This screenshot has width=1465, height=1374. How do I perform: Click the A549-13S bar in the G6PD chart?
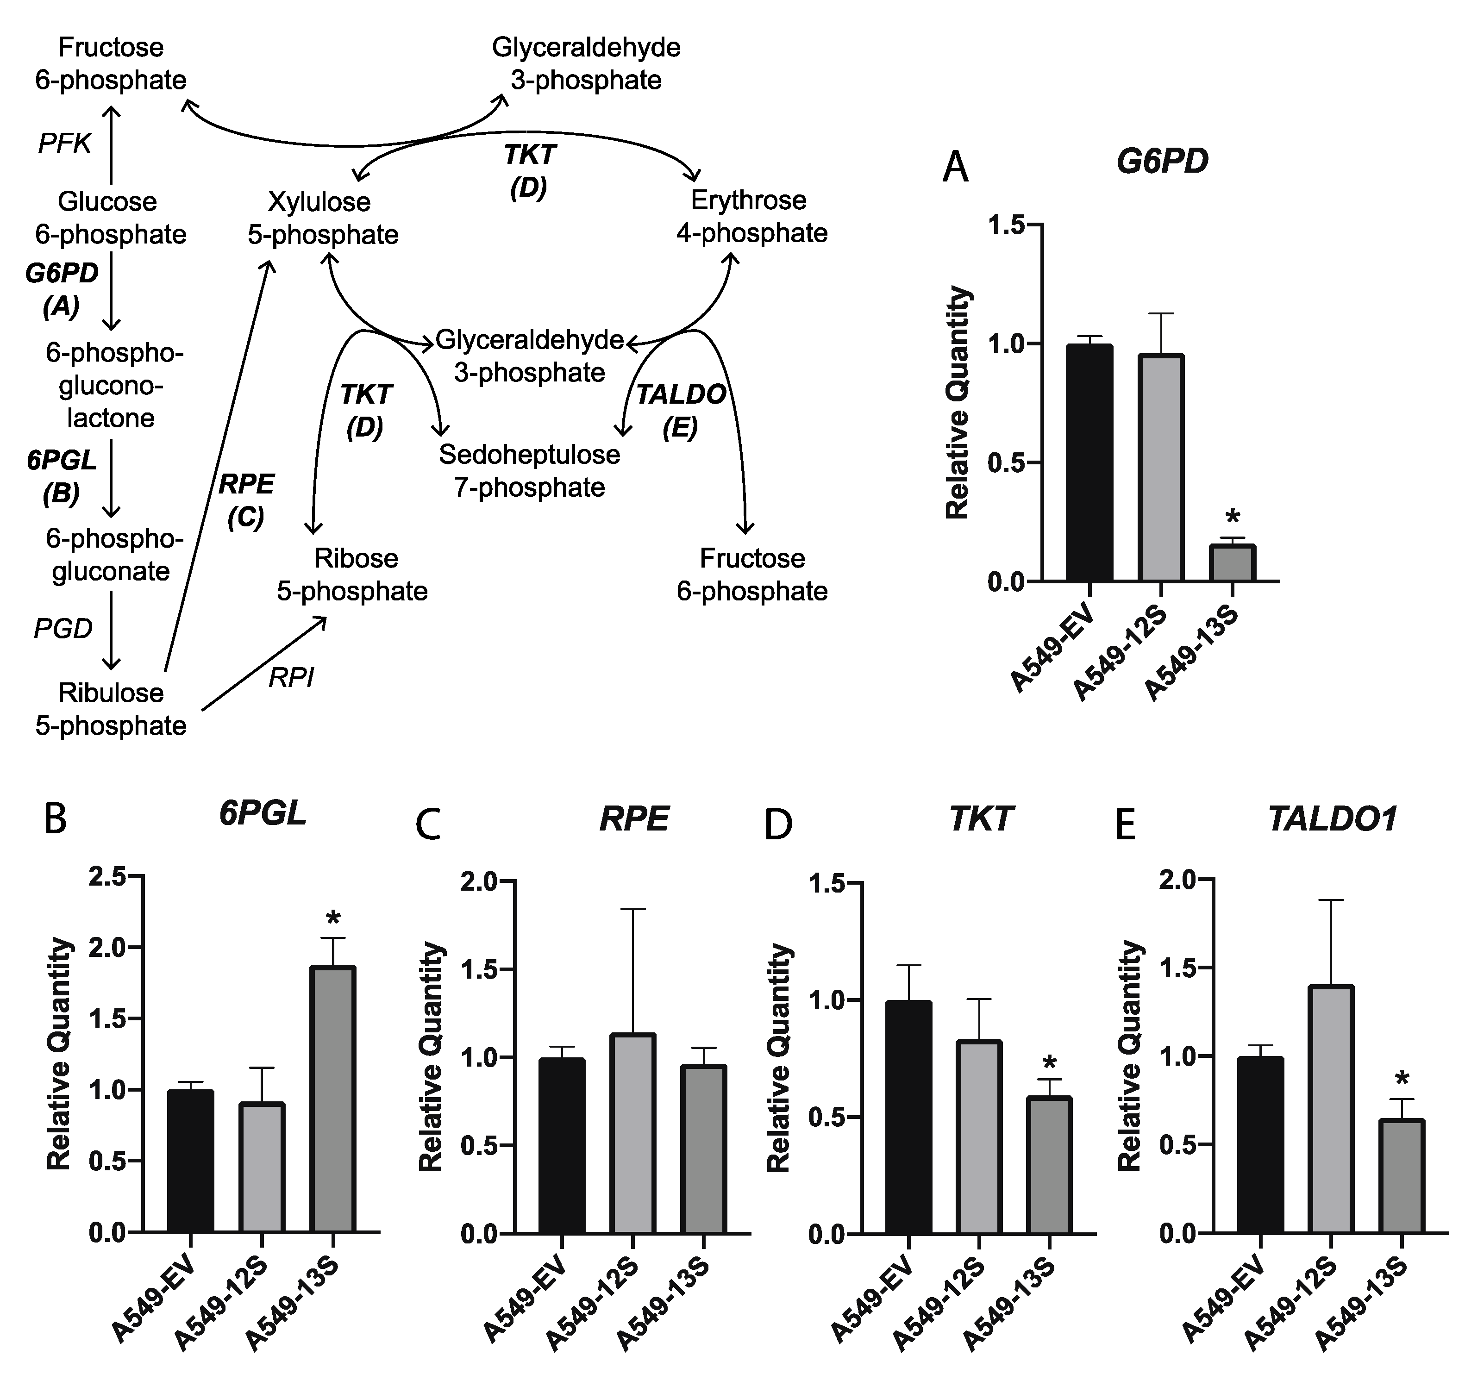[x=1232, y=563]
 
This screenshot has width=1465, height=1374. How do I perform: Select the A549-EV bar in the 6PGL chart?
[x=190, y=1161]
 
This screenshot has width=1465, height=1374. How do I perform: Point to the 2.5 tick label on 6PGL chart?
[x=107, y=877]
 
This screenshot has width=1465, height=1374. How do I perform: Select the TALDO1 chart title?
[x=1333, y=820]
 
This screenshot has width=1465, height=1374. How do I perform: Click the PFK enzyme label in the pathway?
[x=65, y=144]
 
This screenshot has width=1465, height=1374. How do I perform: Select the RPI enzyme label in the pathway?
[x=291, y=677]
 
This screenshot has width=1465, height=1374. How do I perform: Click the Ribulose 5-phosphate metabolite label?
[x=111, y=710]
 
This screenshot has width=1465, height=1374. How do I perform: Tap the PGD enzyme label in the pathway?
[x=63, y=628]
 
